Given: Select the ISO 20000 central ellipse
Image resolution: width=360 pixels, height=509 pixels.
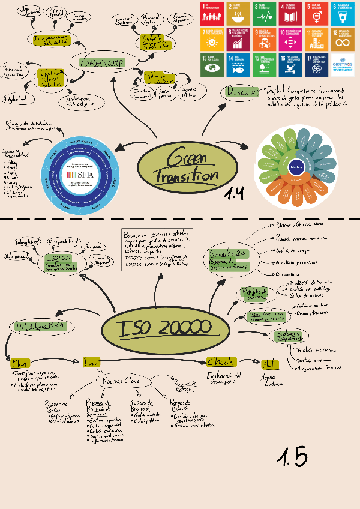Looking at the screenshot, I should [x=164, y=328].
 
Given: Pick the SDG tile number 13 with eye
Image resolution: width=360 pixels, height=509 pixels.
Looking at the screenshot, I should [x=212, y=65].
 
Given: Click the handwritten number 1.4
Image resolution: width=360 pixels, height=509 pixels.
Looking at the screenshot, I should [x=235, y=193].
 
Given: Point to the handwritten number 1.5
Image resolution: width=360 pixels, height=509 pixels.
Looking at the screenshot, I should [x=292, y=457].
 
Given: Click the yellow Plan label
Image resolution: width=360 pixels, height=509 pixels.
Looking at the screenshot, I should [x=20, y=363].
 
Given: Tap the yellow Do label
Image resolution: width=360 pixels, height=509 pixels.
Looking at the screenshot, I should [x=91, y=362].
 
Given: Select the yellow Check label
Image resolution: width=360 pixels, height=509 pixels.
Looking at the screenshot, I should [x=221, y=362].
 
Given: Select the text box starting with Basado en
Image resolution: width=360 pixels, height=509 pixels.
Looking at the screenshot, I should [x=159, y=248].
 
